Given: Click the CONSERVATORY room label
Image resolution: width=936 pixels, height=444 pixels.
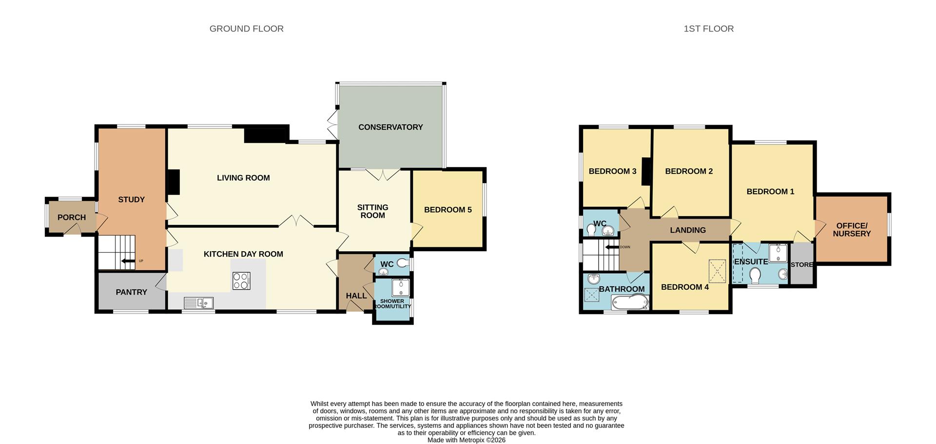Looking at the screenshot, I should pos(390,127).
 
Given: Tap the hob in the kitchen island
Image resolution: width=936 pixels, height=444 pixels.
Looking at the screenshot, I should pos(241,281).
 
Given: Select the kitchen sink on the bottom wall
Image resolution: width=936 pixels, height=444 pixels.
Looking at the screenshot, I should pos(199,303).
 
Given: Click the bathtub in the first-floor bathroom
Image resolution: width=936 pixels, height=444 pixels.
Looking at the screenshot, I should pos(629,302).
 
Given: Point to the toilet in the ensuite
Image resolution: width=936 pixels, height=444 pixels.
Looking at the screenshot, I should pos(755,276).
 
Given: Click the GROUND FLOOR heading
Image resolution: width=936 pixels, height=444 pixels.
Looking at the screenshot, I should pos(246,29).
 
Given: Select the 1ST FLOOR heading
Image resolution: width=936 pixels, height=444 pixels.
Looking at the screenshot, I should pos(708,29).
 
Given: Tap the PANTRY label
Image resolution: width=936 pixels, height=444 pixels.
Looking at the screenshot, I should pos(131,292).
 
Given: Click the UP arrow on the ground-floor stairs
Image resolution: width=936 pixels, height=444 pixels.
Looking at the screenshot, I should pos(128,261).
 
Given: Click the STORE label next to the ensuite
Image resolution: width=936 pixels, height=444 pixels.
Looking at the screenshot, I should pos(801,265).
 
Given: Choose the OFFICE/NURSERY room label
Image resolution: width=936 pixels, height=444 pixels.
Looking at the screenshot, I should pos(852,230).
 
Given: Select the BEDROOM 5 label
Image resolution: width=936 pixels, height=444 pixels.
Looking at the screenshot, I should pos(448,210).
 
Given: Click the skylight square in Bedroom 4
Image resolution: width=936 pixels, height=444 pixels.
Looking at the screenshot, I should pos(717,271).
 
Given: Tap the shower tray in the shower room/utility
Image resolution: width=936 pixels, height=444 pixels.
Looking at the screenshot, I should pos(401,288).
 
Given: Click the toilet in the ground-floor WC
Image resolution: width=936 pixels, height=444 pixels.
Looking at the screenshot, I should pos(402,263).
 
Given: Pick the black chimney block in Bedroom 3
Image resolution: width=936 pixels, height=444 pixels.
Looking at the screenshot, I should pos(646,171).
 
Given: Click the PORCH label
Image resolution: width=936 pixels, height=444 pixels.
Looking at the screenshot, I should pos(72,218).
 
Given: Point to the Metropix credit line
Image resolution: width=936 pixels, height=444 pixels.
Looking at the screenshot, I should pos(466,440).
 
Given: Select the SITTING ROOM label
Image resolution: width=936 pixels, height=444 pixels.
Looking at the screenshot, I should pos(372,211).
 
